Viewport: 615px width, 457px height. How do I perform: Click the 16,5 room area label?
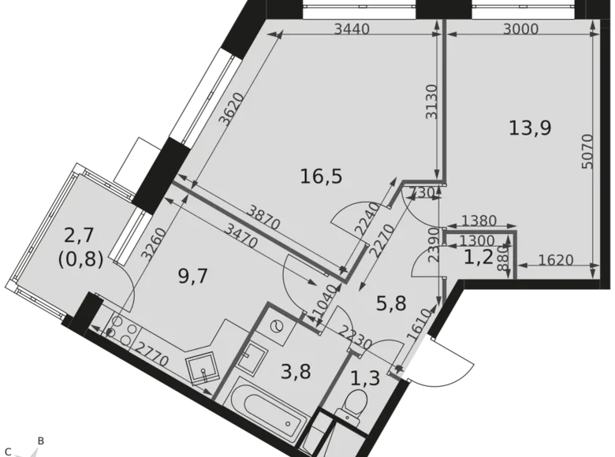321,176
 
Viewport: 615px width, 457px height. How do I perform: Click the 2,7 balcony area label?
80,234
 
